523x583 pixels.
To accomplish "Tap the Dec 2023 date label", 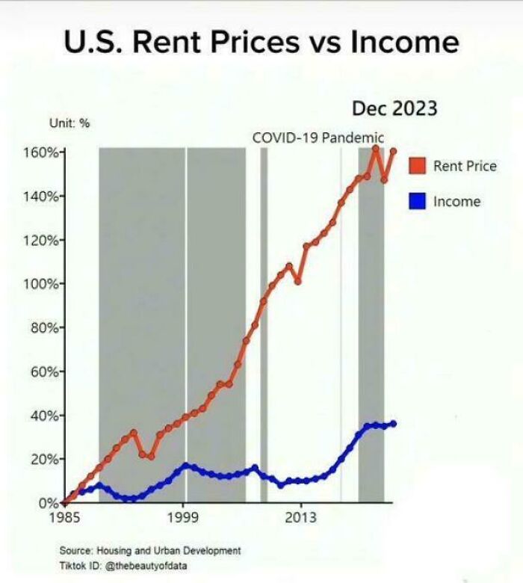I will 394,108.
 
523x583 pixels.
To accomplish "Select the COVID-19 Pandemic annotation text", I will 318,138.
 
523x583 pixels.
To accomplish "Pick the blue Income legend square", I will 417,201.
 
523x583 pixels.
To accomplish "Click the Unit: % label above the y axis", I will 69,123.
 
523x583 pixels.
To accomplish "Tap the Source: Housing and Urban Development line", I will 149,551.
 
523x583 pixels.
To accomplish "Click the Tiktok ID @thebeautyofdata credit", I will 123,566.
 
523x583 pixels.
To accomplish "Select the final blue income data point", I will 393,424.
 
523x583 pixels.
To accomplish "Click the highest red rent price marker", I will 376,149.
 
